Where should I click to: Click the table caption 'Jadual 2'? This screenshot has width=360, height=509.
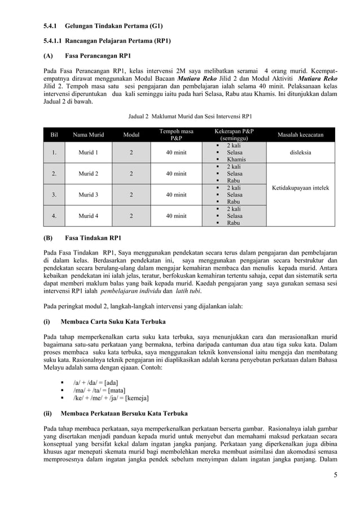(x=137, y=117)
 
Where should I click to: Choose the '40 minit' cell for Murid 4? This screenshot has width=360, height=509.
(x=176, y=216)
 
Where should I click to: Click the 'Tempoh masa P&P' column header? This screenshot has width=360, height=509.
(x=176, y=135)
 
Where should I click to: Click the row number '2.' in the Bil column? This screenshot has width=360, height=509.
(x=54, y=174)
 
